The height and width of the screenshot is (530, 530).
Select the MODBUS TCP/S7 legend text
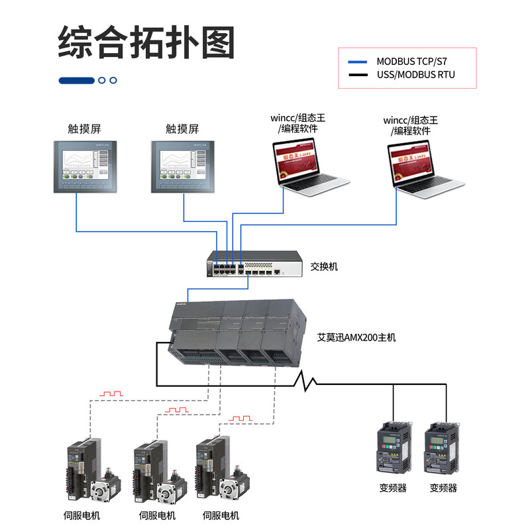(417, 60)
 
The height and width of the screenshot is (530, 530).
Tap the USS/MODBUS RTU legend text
(415, 74)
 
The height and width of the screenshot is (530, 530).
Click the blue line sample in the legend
(358, 60)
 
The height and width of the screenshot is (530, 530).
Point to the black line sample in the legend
(358, 75)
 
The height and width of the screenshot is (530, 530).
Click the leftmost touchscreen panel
(85, 166)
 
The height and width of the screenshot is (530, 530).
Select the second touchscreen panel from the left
(182, 166)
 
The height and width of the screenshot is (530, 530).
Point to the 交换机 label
(324, 266)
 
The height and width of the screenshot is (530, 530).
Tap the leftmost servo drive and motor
(89, 474)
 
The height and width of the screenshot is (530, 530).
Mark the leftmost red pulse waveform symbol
(111, 394)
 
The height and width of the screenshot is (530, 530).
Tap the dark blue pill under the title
(76, 80)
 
